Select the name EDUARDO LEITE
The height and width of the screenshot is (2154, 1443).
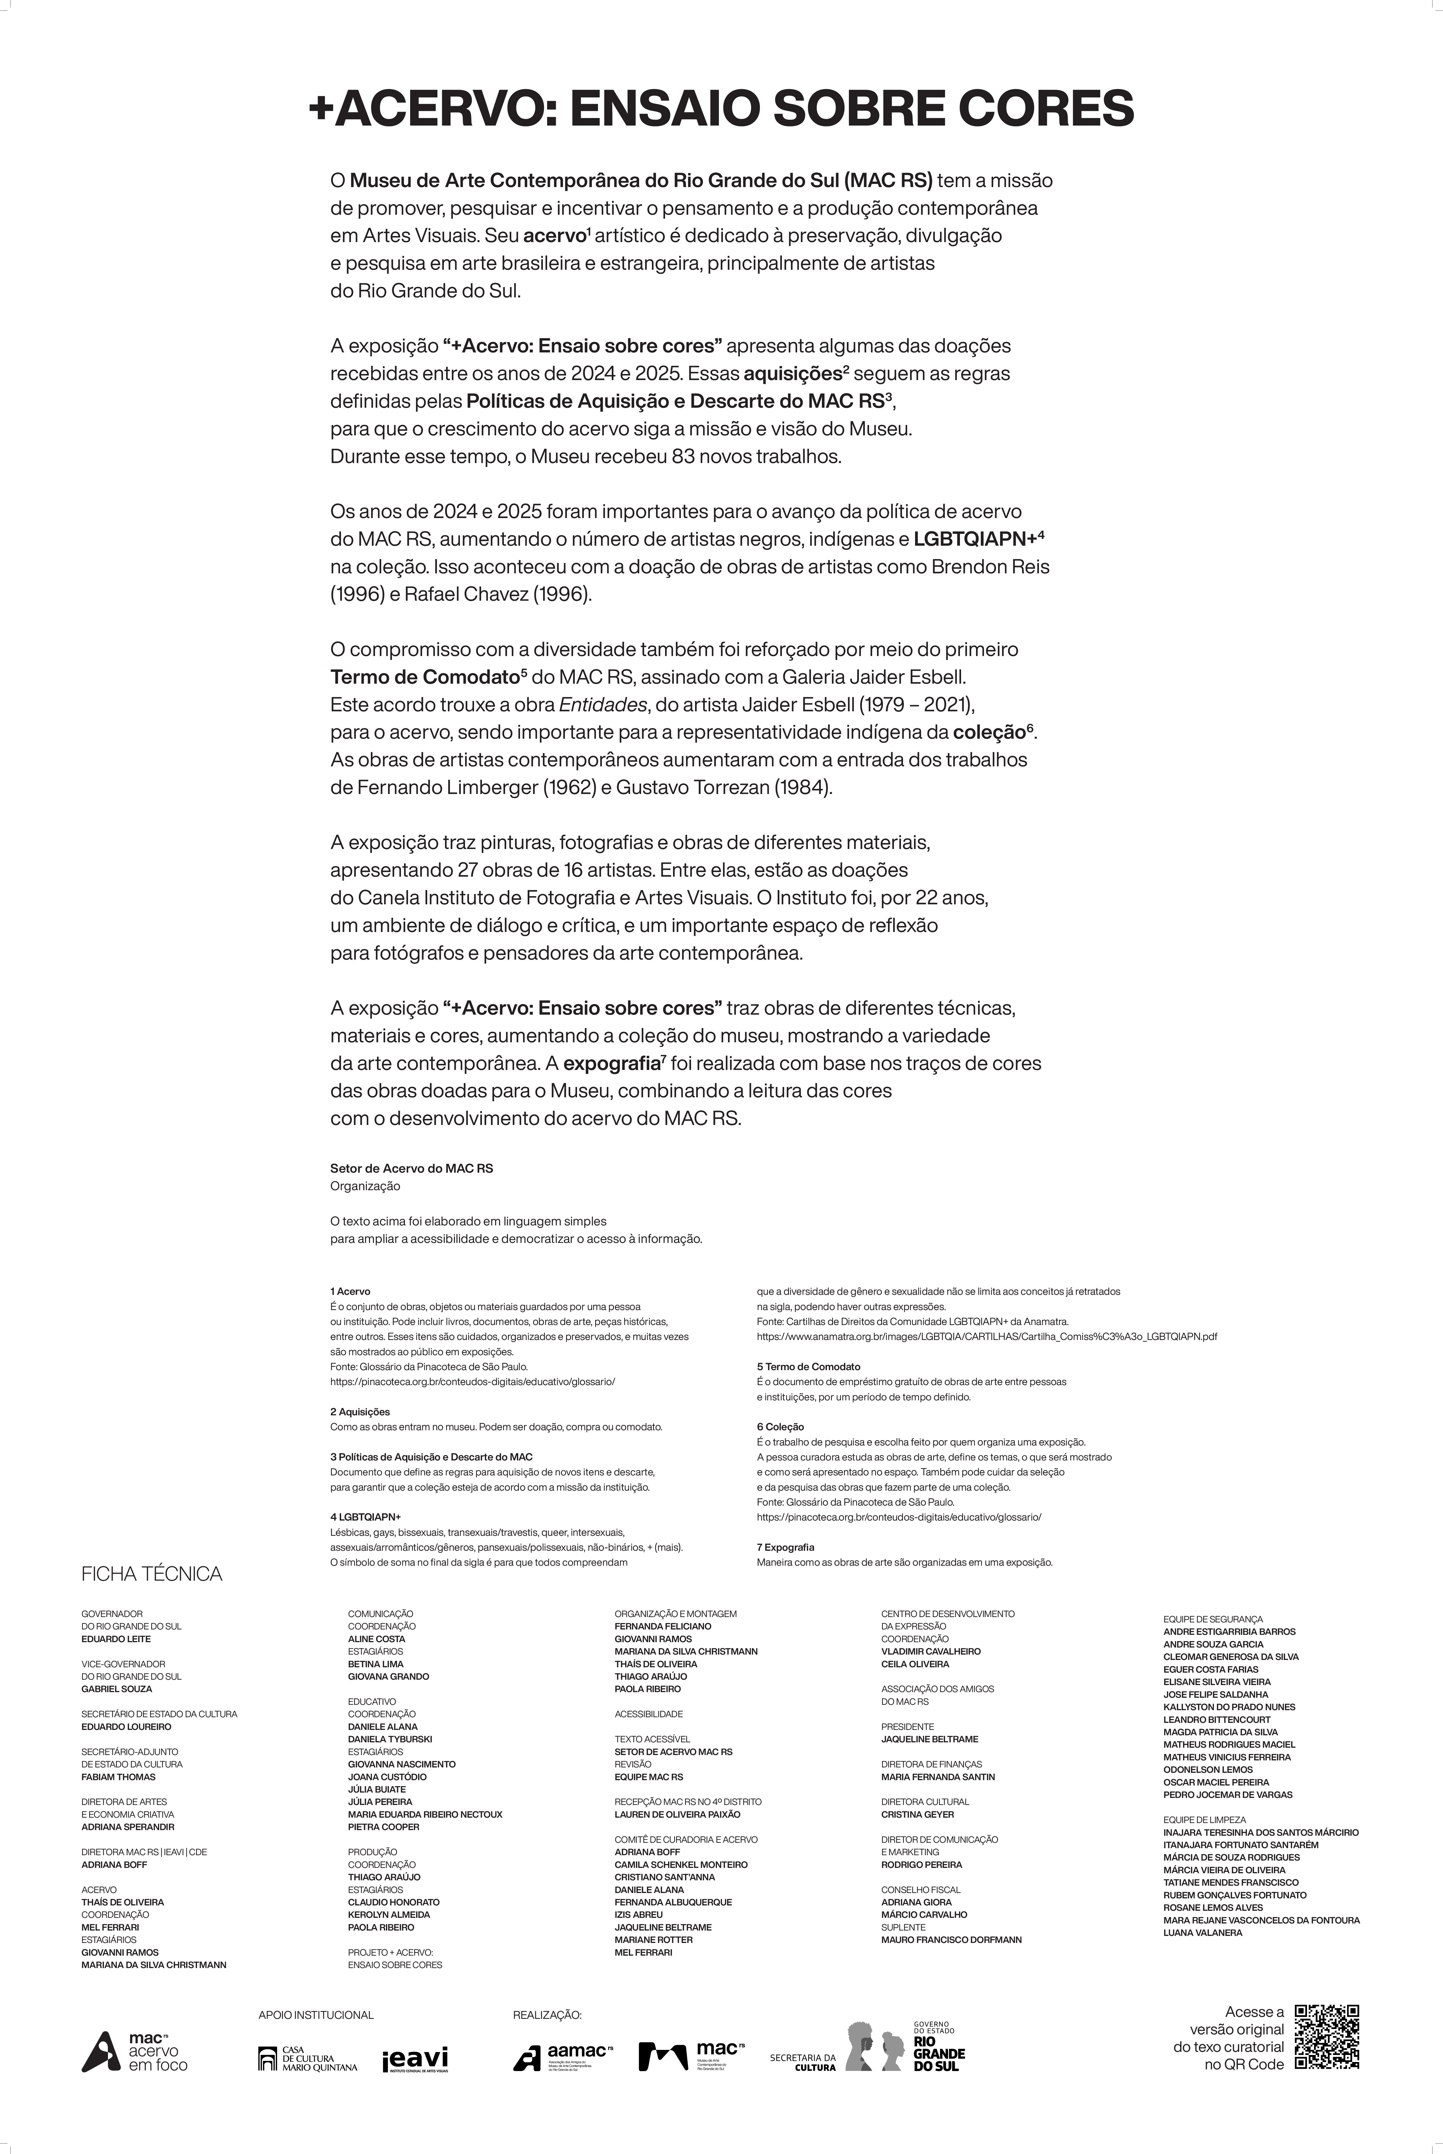[x=116, y=1639]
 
